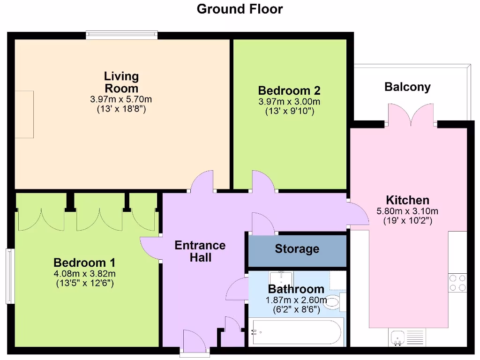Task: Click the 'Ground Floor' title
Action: click(x=240, y=9)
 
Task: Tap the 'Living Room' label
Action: click(x=121, y=82)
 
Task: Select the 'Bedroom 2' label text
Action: click(x=289, y=90)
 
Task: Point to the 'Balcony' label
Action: click(x=407, y=87)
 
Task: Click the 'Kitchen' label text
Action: click(x=407, y=200)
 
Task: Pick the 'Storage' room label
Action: click(x=297, y=249)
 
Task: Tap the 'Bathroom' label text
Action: click(x=296, y=289)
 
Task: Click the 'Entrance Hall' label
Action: click(x=200, y=251)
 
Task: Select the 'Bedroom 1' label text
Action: click(x=84, y=262)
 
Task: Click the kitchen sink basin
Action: click(x=397, y=337)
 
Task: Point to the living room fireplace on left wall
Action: click(x=24, y=114)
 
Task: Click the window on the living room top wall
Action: click(x=121, y=35)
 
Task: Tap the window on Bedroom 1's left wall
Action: click(x=9, y=276)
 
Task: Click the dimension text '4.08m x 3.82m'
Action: click(x=84, y=274)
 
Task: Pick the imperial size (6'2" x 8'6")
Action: click(x=296, y=309)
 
